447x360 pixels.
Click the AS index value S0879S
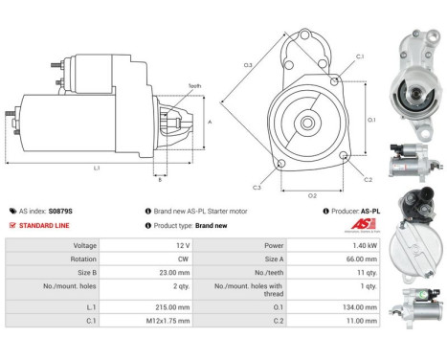tap(61, 210)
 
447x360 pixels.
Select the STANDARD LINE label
tap(43, 225)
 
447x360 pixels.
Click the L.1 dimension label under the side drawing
tap(98, 169)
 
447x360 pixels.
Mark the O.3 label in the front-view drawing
tap(248, 65)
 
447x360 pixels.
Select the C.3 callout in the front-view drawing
tap(258, 185)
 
